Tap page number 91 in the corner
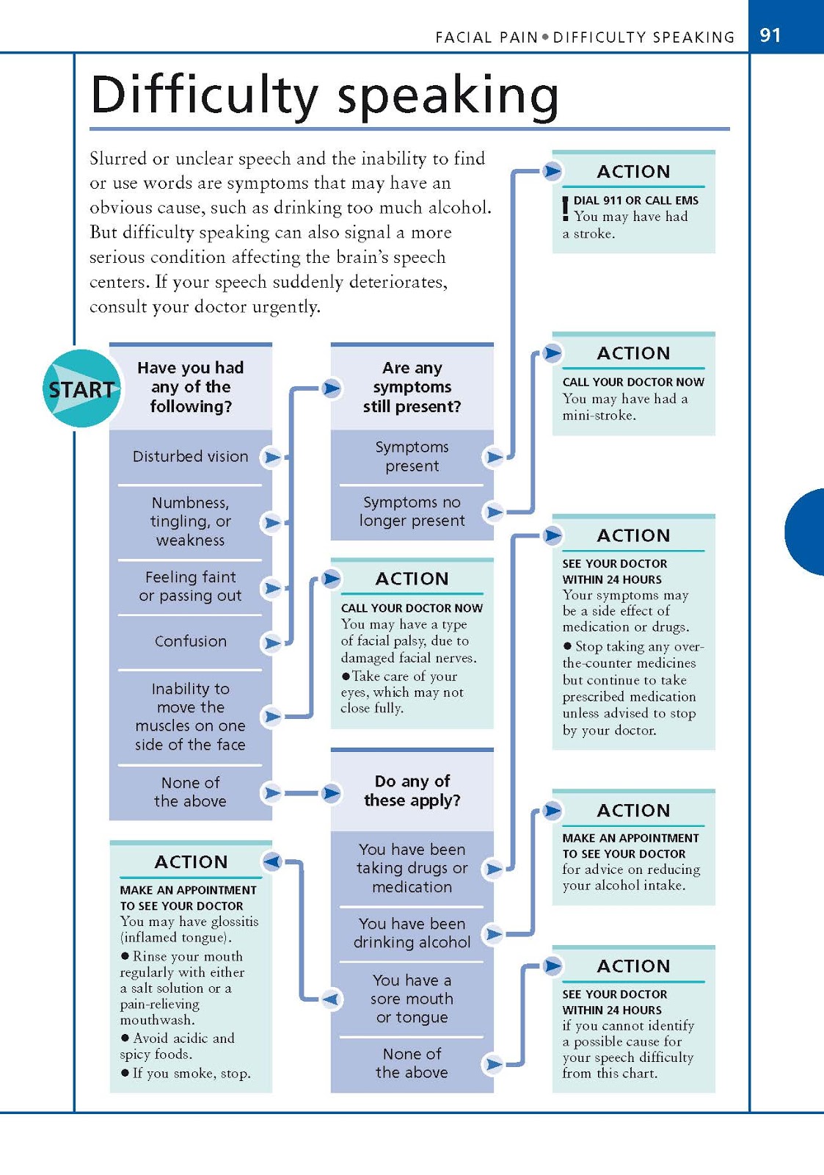click(770, 35)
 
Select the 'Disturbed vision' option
click(190, 457)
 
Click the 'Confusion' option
click(190, 641)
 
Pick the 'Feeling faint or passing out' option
click(190, 586)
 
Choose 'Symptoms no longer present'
click(412, 511)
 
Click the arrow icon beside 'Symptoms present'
click(495, 457)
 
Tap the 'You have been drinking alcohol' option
click(412, 933)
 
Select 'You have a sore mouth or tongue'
click(412, 998)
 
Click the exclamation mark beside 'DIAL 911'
click(565, 209)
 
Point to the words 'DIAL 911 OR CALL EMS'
click(635, 200)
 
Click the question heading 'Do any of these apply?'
click(412, 790)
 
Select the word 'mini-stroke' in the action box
click(599, 415)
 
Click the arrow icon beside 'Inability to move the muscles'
click(271, 716)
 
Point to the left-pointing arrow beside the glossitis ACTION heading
click(271, 861)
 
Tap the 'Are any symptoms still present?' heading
click(412, 387)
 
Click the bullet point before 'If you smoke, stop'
click(125, 1073)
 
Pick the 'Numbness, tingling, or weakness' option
click(190, 521)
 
